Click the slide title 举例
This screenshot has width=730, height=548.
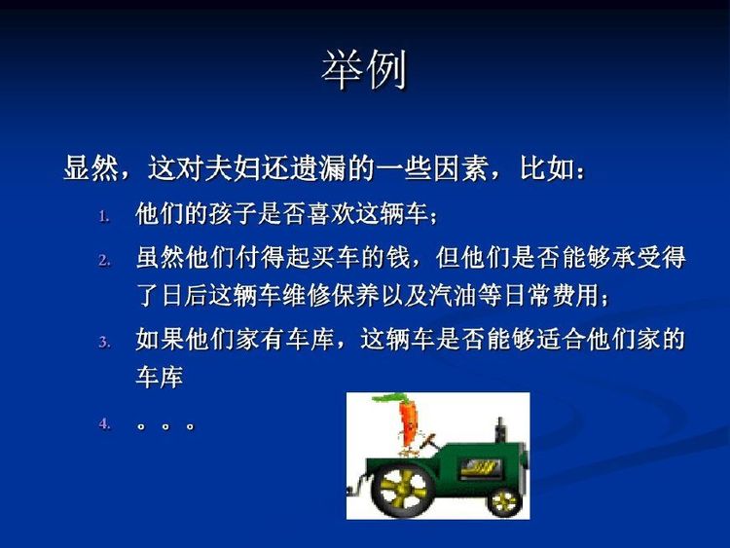365,70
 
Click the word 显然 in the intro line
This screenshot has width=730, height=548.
91,168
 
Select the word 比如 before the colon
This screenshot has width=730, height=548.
547,168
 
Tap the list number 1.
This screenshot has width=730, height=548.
104,216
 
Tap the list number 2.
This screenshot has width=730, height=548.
105,260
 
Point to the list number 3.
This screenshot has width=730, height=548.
105,343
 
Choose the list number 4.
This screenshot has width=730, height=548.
105,423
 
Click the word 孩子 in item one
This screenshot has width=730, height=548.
232,215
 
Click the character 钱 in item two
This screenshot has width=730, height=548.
398,258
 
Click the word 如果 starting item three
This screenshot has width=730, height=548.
160,339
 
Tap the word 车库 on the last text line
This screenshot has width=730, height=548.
160,377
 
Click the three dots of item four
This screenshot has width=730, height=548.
165,425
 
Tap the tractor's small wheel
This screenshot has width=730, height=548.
504,502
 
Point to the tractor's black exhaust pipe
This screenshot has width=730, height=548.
500,430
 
